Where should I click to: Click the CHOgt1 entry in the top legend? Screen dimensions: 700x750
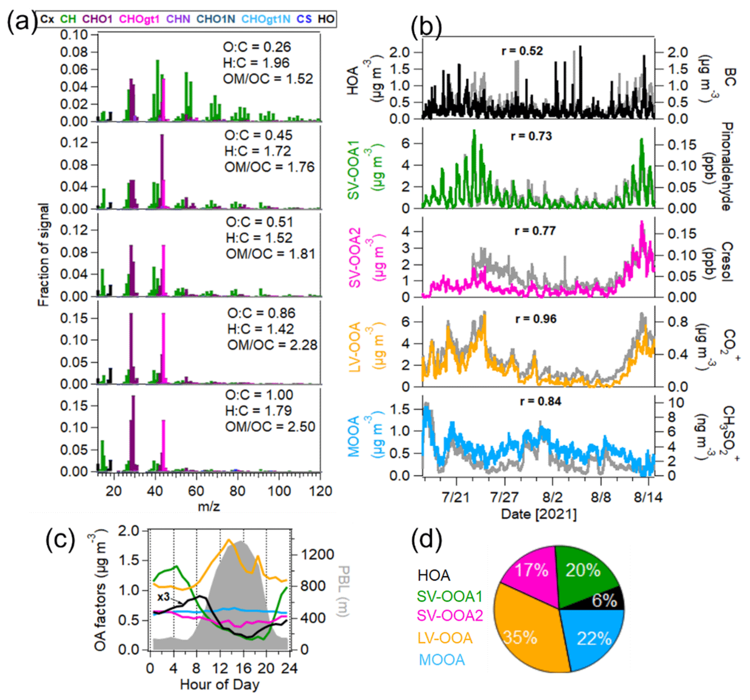tap(139, 19)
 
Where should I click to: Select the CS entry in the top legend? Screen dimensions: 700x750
tap(304, 19)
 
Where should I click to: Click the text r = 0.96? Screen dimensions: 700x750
tap(535, 319)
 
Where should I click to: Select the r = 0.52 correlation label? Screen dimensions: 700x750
tap(522, 51)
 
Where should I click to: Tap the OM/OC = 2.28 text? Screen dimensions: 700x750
tap(272, 345)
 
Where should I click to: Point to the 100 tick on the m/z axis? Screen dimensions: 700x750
tap(279, 491)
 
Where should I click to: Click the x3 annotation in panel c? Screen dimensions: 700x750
tap(163, 597)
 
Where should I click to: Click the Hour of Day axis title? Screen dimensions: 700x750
tap(219, 684)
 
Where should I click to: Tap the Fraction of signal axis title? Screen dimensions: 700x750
tap(44, 255)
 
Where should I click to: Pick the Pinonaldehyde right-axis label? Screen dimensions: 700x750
tap(726, 166)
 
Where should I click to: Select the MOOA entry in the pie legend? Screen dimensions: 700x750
tap(442, 660)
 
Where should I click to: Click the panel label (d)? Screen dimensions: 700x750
tap(426, 540)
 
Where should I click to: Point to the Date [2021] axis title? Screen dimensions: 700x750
tap(538, 514)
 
